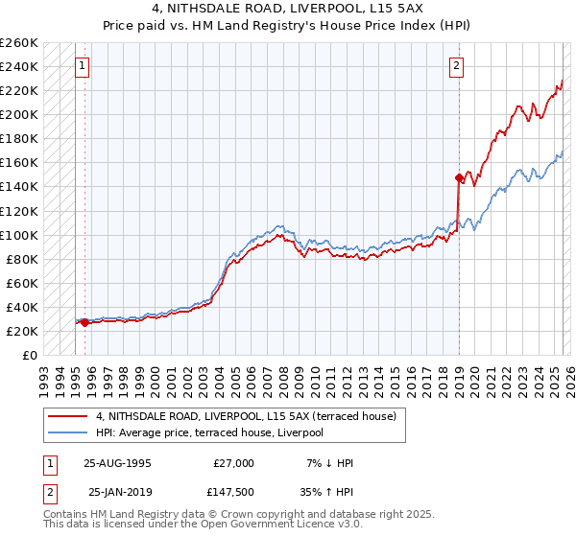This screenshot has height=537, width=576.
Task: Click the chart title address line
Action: [288, 11]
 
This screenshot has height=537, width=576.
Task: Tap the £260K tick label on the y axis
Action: [19, 43]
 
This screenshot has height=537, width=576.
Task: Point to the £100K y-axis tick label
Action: [19, 235]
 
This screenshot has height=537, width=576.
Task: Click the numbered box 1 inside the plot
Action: [84, 66]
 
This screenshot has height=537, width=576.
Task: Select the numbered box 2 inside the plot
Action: [456, 66]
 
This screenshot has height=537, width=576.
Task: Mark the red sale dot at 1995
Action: [85, 322]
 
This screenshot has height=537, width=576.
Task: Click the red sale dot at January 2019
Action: [459, 177]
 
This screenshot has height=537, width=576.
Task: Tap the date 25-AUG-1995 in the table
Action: [117, 463]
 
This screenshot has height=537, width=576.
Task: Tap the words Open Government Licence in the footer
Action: [288, 526]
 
